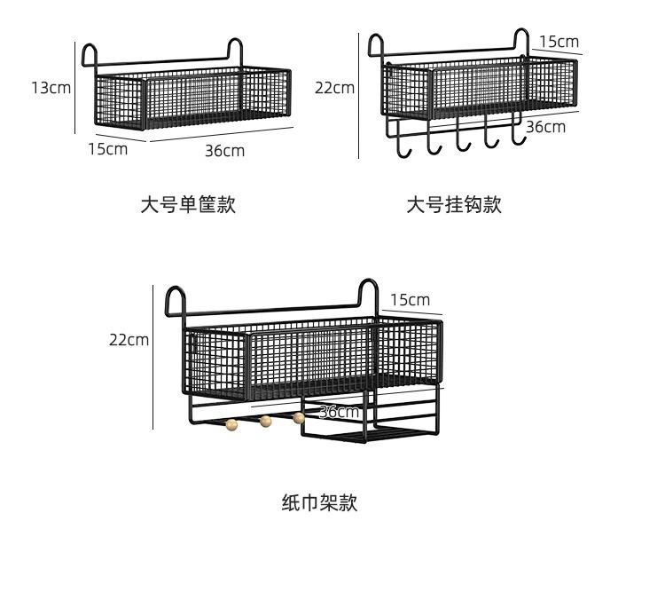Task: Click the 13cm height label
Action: pos(51,88)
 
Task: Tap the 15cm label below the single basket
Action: pos(107,149)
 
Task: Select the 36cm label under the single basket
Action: pos(225,151)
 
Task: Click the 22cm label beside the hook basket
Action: pos(334,88)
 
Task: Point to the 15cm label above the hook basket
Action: pos(559,42)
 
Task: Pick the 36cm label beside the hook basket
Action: pos(546,127)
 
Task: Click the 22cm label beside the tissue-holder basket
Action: pos(129,340)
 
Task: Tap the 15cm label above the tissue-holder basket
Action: pos(410,300)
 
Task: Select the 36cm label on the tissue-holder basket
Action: pos(340,412)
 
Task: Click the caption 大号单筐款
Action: pos(188,205)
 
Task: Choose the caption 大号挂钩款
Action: pos(454,205)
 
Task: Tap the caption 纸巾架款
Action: pos(320,502)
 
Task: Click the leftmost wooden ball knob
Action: pos(231,424)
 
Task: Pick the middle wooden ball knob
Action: pos(265,422)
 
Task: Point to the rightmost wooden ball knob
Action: pos(299,418)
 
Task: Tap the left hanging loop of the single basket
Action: pos(90,54)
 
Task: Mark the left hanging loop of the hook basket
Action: pos(376,43)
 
